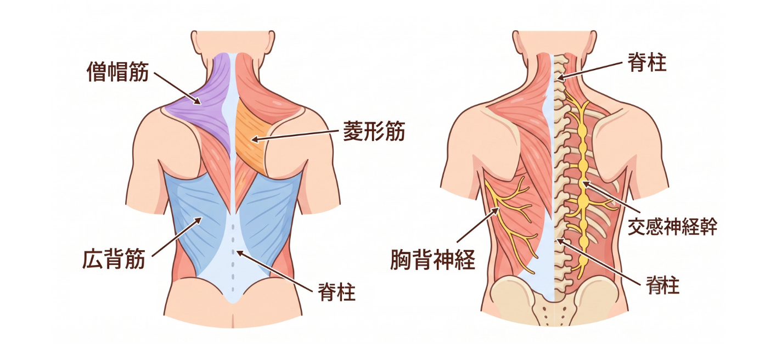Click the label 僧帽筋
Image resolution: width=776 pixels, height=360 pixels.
pos(117,72)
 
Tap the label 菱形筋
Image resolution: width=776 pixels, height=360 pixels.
pos(374,131)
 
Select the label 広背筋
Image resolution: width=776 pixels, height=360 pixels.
pos(114,258)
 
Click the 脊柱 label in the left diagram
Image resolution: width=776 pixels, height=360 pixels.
pos(336,292)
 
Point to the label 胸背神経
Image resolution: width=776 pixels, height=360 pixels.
pos(432,260)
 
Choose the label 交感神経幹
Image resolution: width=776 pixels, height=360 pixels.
pos(672,227)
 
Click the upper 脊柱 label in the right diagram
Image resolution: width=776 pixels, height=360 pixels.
pos(647,63)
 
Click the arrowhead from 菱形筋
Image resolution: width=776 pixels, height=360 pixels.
pos(254,139)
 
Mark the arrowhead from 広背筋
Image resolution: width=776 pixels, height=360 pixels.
pos(199,220)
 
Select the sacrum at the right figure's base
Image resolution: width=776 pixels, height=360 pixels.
pos(554,312)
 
